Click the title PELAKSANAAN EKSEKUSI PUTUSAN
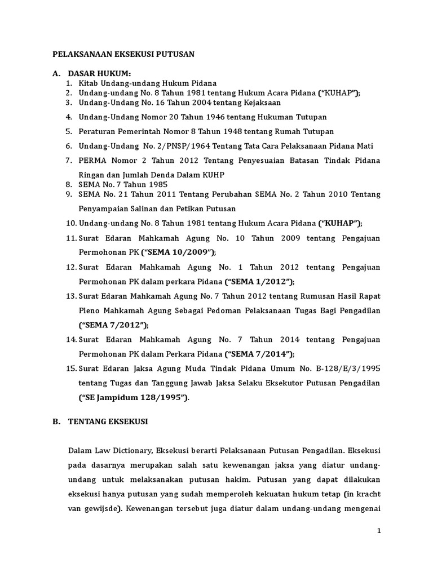pyautogui.click(x=123, y=55)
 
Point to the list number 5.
pyautogui.click(x=68, y=131)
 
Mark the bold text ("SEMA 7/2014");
pyautogui.click(x=259, y=354)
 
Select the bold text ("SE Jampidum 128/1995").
pyautogui.click(x=134, y=398)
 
